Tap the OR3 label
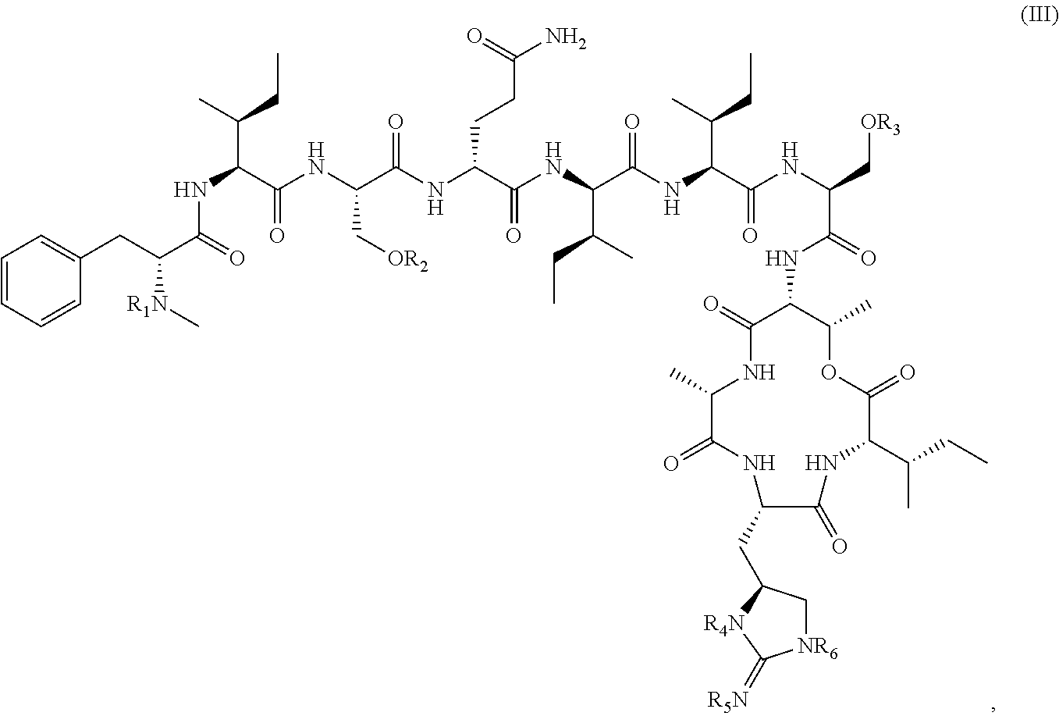pyautogui.click(x=880, y=125)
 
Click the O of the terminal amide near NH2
pyautogui.click(x=474, y=37)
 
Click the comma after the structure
pyautogui.click(x=993, y=706)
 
